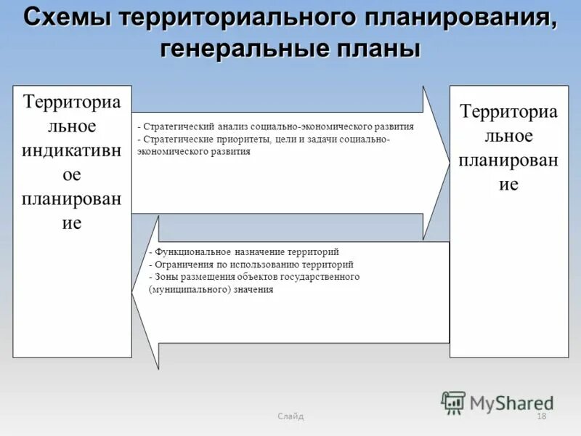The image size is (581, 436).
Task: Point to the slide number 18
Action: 540,416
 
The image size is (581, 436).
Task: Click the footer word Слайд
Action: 290,416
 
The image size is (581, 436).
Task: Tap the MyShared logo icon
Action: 454,403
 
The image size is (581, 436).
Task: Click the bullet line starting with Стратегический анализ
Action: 275,126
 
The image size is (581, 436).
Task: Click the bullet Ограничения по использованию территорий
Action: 251,265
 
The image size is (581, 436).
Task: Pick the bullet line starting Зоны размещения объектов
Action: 254,277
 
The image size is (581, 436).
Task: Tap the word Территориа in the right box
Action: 508,111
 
